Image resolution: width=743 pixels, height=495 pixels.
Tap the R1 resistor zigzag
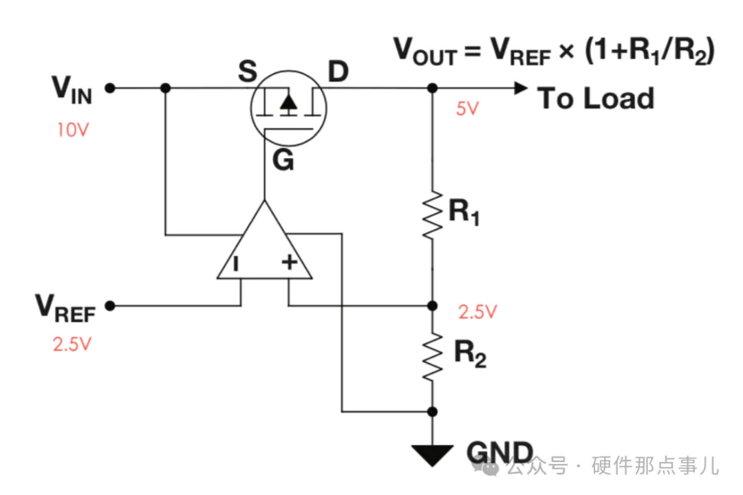[432, 215]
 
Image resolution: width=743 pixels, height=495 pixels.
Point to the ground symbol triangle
[432, 454]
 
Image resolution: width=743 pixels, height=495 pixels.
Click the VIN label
[72, 89]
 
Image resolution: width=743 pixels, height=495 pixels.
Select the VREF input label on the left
[65, 307]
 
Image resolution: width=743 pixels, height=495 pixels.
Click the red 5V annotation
[466, 109]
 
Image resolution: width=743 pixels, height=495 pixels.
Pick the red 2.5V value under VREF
[72, 344]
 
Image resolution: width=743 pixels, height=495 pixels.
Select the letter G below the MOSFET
[283, 162]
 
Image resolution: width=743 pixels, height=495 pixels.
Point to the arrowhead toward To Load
[520, 88]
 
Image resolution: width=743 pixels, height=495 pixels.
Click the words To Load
[595, 99]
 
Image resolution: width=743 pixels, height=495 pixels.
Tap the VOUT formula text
[554, 52]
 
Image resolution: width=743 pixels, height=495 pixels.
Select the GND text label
[499, 452]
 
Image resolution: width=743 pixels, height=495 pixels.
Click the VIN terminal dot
[110, 88]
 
